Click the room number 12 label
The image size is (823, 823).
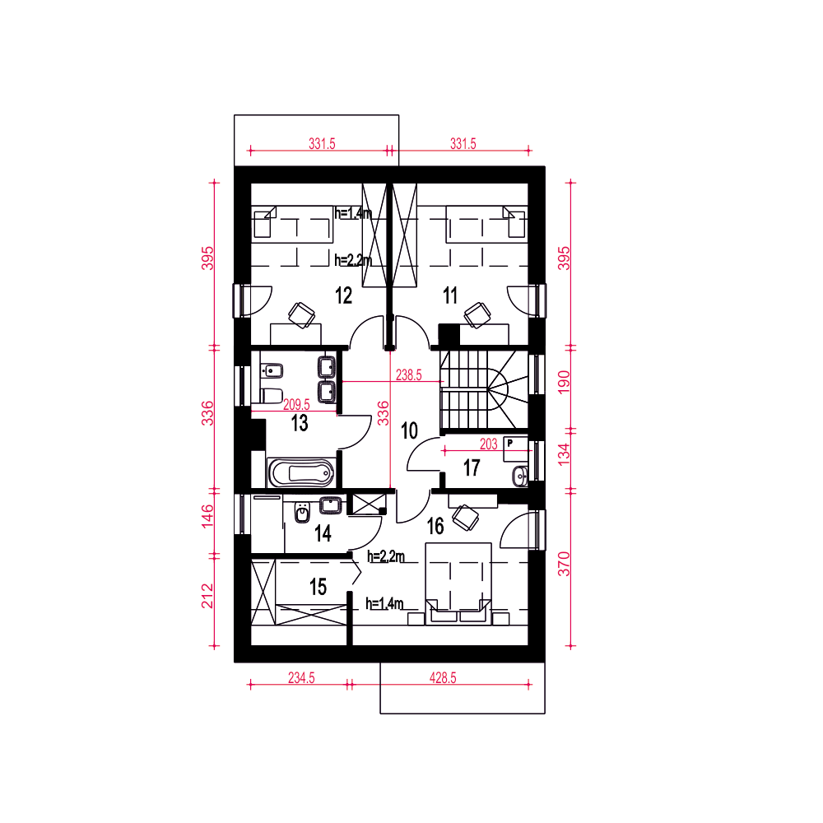344,295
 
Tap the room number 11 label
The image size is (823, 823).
450,295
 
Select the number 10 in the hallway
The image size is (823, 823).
409,431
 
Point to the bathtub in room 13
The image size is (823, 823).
301,473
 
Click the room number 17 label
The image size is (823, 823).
472,467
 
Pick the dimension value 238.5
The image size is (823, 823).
408,374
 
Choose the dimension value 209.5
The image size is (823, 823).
296,405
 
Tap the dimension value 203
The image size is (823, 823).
488,444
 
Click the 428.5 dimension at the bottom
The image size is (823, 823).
443,677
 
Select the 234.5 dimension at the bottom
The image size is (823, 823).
301,677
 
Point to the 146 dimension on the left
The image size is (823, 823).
208,517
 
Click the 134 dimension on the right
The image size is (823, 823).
563,454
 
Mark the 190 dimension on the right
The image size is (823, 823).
563,382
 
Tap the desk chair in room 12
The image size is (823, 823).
302,315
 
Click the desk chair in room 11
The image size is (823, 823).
477,315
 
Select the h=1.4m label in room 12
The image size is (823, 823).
353,213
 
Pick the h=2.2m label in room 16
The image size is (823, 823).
386,556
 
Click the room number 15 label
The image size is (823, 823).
318,587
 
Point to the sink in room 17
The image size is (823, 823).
519,476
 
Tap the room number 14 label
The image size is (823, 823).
323,534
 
